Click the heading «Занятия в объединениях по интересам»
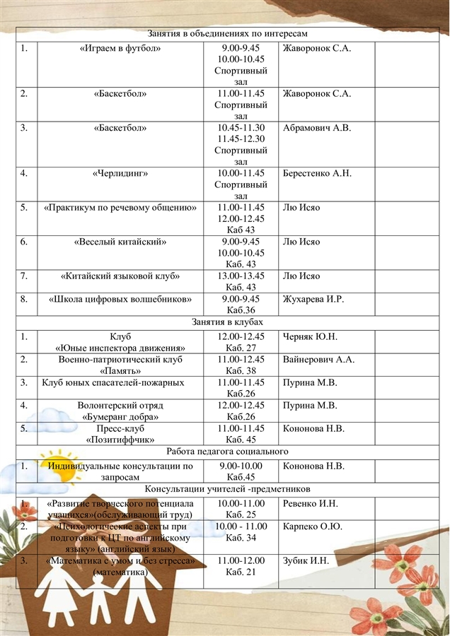227,34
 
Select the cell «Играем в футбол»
120,48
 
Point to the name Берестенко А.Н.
316,173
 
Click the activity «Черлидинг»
120,173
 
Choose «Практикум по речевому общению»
120,208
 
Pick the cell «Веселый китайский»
120,242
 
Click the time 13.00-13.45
241,276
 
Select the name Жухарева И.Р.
313,299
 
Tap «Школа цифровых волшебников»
120,299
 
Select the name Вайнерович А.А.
318,360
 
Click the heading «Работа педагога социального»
227,451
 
